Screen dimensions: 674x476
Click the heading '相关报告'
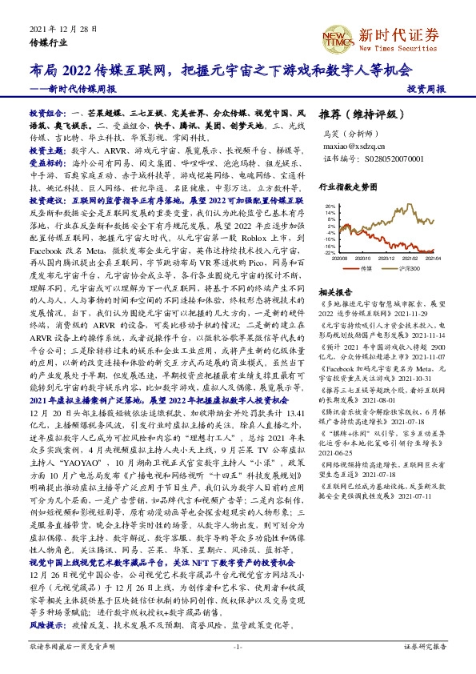pos(334,293)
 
